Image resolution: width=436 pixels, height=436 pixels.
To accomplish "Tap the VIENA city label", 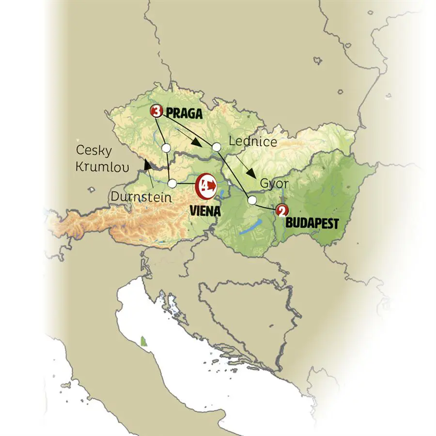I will click(x=204, y=211).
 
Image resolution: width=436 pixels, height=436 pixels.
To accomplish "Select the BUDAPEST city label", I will click(x=312, y=224).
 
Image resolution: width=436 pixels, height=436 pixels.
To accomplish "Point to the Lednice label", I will click(x=252, y=142).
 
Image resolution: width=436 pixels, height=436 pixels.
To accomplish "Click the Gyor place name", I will click(x=275, y=184).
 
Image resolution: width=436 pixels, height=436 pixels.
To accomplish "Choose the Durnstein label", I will click(x=140, y=197).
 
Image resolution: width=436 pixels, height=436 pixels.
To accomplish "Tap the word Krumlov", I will click(x=102, y=168).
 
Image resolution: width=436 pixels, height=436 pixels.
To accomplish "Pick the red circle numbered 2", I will click(x=281, y=211).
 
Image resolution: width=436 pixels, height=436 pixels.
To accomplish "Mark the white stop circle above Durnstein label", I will click(x=172, y=184).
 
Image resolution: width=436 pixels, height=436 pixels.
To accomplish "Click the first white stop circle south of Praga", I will click(x=166, y=147).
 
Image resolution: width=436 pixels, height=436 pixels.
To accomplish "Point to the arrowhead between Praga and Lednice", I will click(x=196, y=142).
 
